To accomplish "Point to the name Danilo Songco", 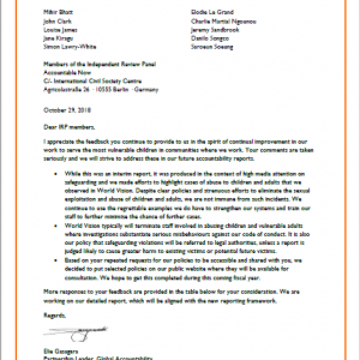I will [x=207, y=38].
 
